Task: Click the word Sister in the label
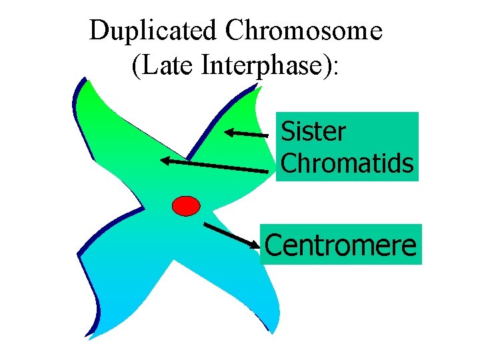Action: point(313,131)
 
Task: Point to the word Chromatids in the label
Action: point(347,163)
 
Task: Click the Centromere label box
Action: point(341,244)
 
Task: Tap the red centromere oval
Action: point(186,205)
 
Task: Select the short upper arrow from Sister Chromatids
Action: point(246,133)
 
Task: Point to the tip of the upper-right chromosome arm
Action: point(256,89)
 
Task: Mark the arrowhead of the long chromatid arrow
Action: point(164,160)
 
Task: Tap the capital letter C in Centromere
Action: point(274,244)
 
